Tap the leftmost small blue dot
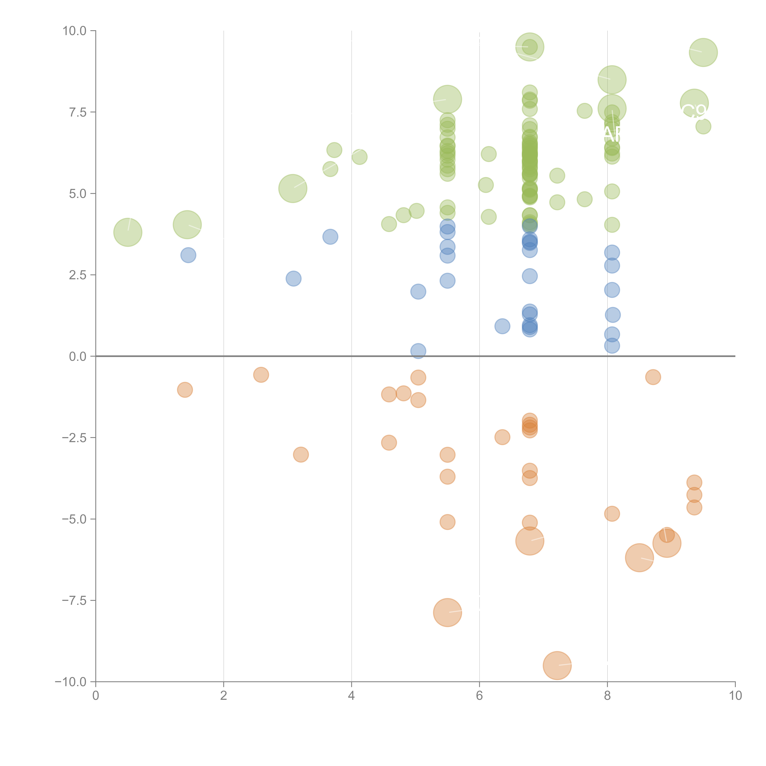[x=188, y=255]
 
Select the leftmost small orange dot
[x=185, y=390]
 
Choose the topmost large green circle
[x=530, y=47]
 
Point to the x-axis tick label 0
[x=96, y=695]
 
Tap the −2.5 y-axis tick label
[x=74, y=438]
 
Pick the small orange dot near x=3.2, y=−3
[x=301, y=454]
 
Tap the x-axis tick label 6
[x=479, y=695]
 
